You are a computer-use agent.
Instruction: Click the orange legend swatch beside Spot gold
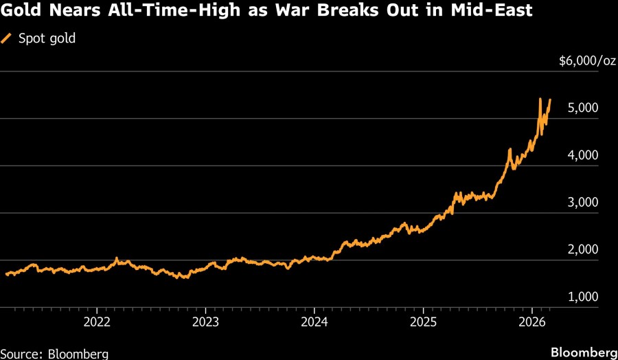(x=8, y=38)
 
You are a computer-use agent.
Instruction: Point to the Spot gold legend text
(x=47, y=38)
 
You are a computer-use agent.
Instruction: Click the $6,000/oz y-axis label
(x=587, y=61)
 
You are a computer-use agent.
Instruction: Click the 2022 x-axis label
(x=97, y=322)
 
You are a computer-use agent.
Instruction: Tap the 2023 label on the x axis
(x=206, y=322)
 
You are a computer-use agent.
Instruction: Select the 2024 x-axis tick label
(x=314, y=322)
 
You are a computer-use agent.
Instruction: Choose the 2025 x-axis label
(x=424, y=322)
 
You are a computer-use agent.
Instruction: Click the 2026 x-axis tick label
(x=533, y=322)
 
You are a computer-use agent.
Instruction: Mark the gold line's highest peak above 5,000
(x=540, y=99)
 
